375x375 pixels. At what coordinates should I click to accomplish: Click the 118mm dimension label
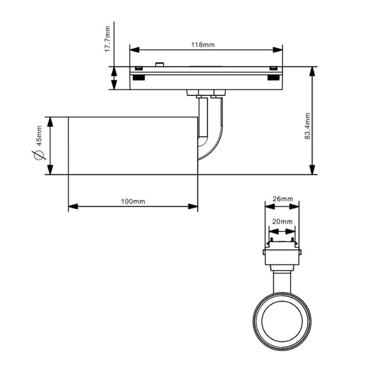click(203, 45)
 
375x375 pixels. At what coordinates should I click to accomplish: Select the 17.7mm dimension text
click(108, 39)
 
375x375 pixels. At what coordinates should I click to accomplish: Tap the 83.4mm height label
click(307, 126)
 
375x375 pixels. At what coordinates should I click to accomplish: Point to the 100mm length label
click(133, 202)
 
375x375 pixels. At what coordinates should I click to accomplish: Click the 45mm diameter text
click(39, 136)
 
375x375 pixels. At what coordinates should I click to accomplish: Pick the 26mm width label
click(283, 199)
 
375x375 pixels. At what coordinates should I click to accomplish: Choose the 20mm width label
click(282, 222)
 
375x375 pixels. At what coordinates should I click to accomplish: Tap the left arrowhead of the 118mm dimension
click(135, 50)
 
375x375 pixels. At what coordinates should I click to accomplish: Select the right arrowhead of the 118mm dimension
click(277, 50)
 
